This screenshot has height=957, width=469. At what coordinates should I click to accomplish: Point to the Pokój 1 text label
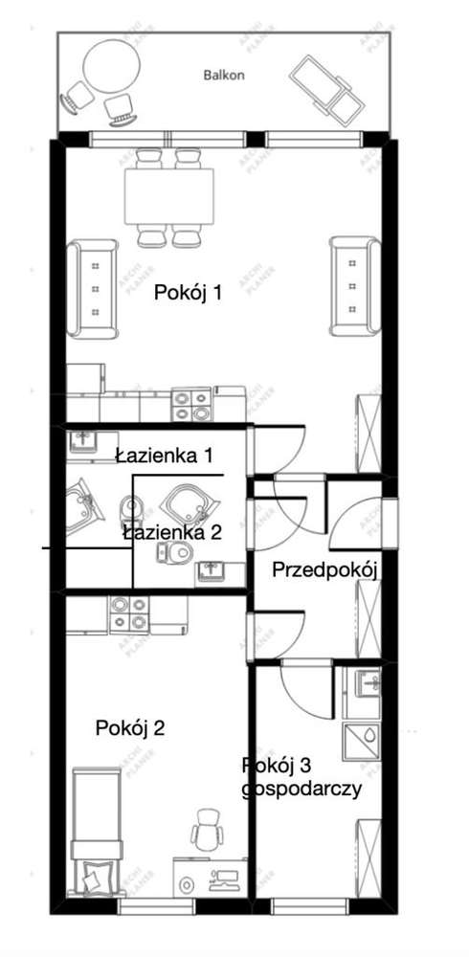[189, 294]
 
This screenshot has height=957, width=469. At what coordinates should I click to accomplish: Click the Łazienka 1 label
[163, 456]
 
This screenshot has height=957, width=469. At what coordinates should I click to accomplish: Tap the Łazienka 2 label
[172, 532]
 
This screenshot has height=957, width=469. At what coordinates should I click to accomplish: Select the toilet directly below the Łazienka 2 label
[175, 552]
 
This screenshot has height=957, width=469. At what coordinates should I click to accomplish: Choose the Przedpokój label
[326, 570]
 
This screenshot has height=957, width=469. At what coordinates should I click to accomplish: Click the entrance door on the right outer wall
[387, 523]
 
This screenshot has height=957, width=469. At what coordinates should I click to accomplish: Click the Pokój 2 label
[131, 728]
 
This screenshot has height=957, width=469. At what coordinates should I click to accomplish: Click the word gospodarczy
[301, 790]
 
